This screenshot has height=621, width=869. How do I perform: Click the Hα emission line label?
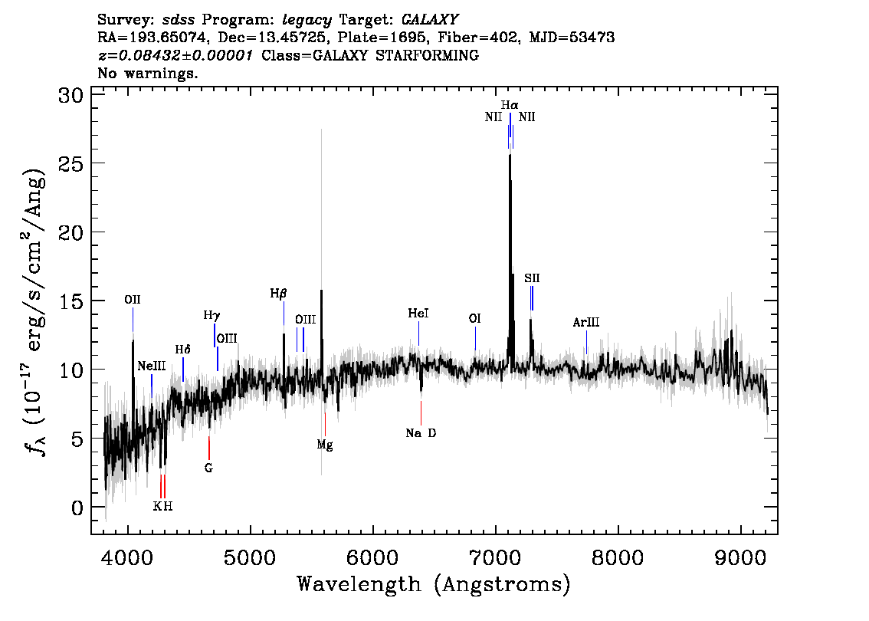(x=510, y=105)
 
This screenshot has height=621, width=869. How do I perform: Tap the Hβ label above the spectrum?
(x=278, y=294)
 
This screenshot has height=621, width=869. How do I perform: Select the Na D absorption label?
(x=421, y=433)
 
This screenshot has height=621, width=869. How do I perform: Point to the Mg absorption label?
(x=325, y=445)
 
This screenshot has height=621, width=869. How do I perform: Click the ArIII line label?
(x=585, y=322)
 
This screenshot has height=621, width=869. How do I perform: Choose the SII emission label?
(x=532, y=278)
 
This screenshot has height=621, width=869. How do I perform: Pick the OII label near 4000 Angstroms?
(x=133, y=300)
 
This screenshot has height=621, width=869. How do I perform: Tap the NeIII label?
(x=151, y=366)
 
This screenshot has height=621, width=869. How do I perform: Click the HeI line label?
(x=418, y=314)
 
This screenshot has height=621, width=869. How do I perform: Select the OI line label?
(x=474, y=318)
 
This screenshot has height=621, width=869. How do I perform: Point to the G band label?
(x=208, y=468)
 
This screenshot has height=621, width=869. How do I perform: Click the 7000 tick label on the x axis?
(x=495, y=558)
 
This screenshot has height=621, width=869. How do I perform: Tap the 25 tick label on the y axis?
(x=71, y=163)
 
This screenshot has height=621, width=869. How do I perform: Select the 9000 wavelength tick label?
(x=739, y=558)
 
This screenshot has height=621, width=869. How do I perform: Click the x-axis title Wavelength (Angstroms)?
(x=434, y=584)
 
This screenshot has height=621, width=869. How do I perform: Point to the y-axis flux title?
(x=34, y=311)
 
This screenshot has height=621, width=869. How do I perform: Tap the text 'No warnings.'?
(x=147, y=73)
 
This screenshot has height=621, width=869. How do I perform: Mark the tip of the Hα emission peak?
(x=510, y=155)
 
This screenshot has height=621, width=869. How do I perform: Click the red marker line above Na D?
(x=421, y=413)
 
